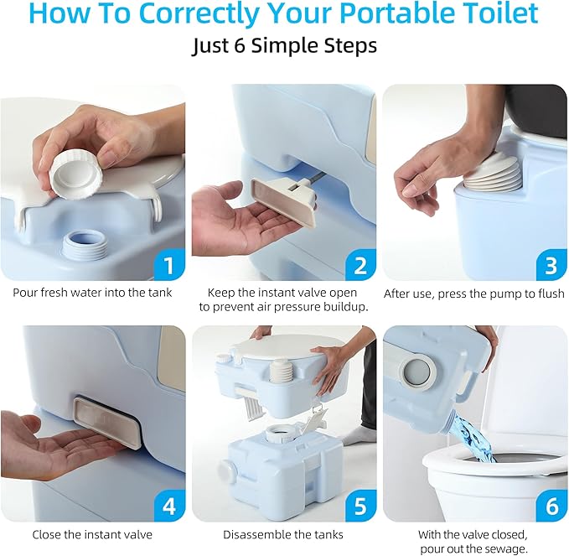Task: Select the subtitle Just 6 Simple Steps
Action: coord(284,46)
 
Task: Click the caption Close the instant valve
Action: coord(92,534)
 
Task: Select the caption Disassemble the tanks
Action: coord(283,534)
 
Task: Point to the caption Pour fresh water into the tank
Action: coord(92,294)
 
